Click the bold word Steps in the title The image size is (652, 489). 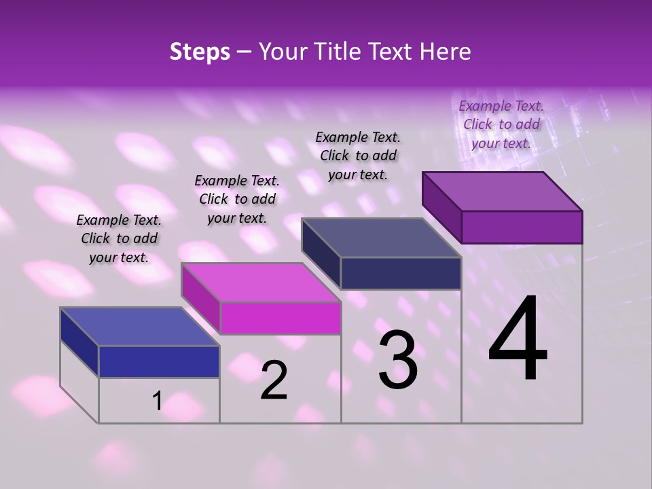(200, 52)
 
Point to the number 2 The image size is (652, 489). (274, 380)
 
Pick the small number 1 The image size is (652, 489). (157, 401)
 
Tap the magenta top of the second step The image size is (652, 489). (261, 282)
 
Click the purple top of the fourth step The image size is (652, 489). (503, 191)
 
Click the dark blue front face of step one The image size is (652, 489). (159, 361)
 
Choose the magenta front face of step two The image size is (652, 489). (280, 318)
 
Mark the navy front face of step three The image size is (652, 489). (401, 273)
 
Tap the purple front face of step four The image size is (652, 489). (522, 227)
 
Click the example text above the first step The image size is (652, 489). (119, 238)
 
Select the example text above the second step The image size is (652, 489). (237, 199)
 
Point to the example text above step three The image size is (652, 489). (358, 156)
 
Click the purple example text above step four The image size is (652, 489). (501, 124)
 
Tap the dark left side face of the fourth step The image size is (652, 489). (441, 205)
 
